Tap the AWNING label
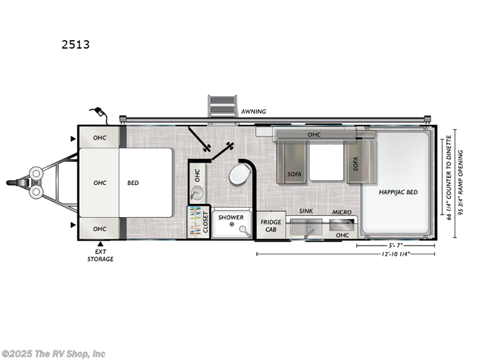click(253, 112)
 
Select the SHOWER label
click(231, 217)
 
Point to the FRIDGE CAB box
click(271, 226)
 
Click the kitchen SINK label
click(307, 212)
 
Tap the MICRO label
click(342, 212)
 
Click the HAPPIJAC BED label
click(398, 192)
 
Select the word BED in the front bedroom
click(133, 182)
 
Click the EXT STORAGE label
click(100, 256)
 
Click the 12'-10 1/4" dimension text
click(398, 254)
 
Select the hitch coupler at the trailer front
click(14, 182)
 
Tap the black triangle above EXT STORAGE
click(100, 244)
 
